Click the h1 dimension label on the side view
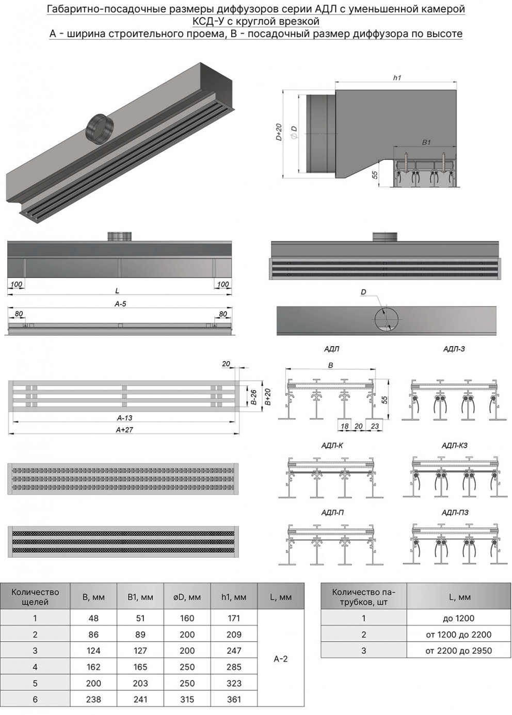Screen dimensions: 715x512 [396, 77]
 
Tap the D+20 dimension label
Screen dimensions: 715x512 [278, 133]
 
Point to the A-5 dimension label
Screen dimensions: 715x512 [120, 304]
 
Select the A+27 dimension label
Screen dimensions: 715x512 [124, 429]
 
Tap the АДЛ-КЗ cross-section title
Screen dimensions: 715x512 [455, 445]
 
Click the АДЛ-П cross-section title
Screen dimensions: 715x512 [332, 512]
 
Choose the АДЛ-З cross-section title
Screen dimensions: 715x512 [454, 349]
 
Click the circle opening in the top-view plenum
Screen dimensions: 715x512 [386, 320]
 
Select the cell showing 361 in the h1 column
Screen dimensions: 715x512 [234, 699]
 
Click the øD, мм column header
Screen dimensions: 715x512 [187, 597]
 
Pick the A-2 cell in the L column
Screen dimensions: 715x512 [280, 659]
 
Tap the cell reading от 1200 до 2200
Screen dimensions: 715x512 [458, 635]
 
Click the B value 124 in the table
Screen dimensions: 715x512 [93, 651]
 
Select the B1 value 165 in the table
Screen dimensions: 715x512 [140, 667]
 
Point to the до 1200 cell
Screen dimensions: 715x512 [458, 618]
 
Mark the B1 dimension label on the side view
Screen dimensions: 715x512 [426, 142]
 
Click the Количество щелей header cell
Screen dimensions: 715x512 [35, 597]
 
